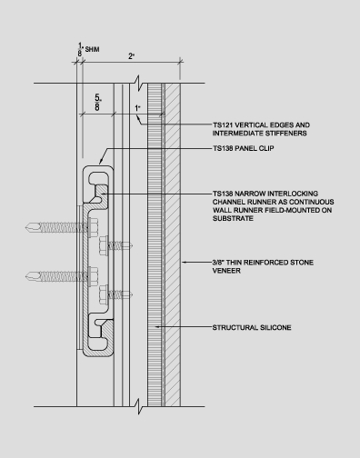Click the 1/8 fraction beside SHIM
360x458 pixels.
[80, 45]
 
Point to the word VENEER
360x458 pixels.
[227, 271]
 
